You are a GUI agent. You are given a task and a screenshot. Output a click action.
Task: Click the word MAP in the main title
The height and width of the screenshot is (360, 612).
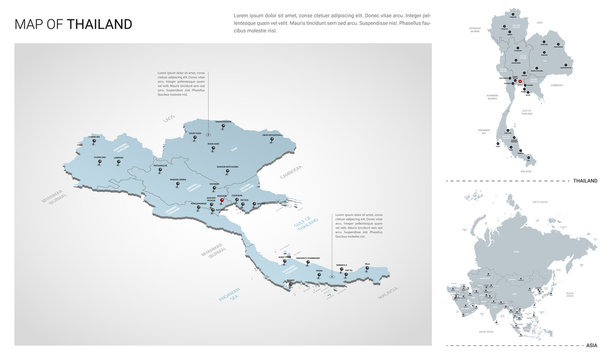click(32, 22)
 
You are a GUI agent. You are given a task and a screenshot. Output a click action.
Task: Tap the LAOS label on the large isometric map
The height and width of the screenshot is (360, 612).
click(170, 119)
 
